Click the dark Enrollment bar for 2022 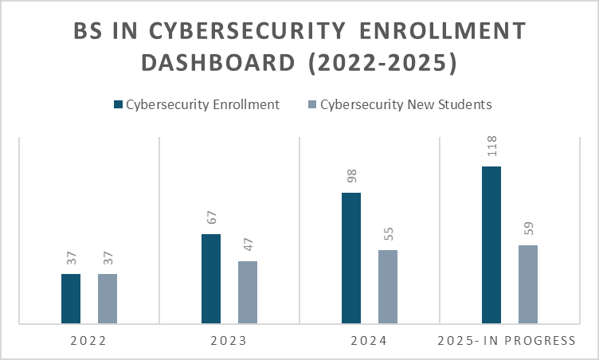click(71, 299)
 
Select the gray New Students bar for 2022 click(108, 299)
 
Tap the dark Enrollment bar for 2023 click(211, 279)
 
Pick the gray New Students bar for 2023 click(248, 292)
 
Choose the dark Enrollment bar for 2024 click(351, 258)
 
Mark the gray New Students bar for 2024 click(388, 287)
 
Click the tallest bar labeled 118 click(491, 245)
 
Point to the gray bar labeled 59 click(528, 284)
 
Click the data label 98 click(351, 176)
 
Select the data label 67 click(211, 217)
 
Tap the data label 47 click(248, 245)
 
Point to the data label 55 click(388, 233)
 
